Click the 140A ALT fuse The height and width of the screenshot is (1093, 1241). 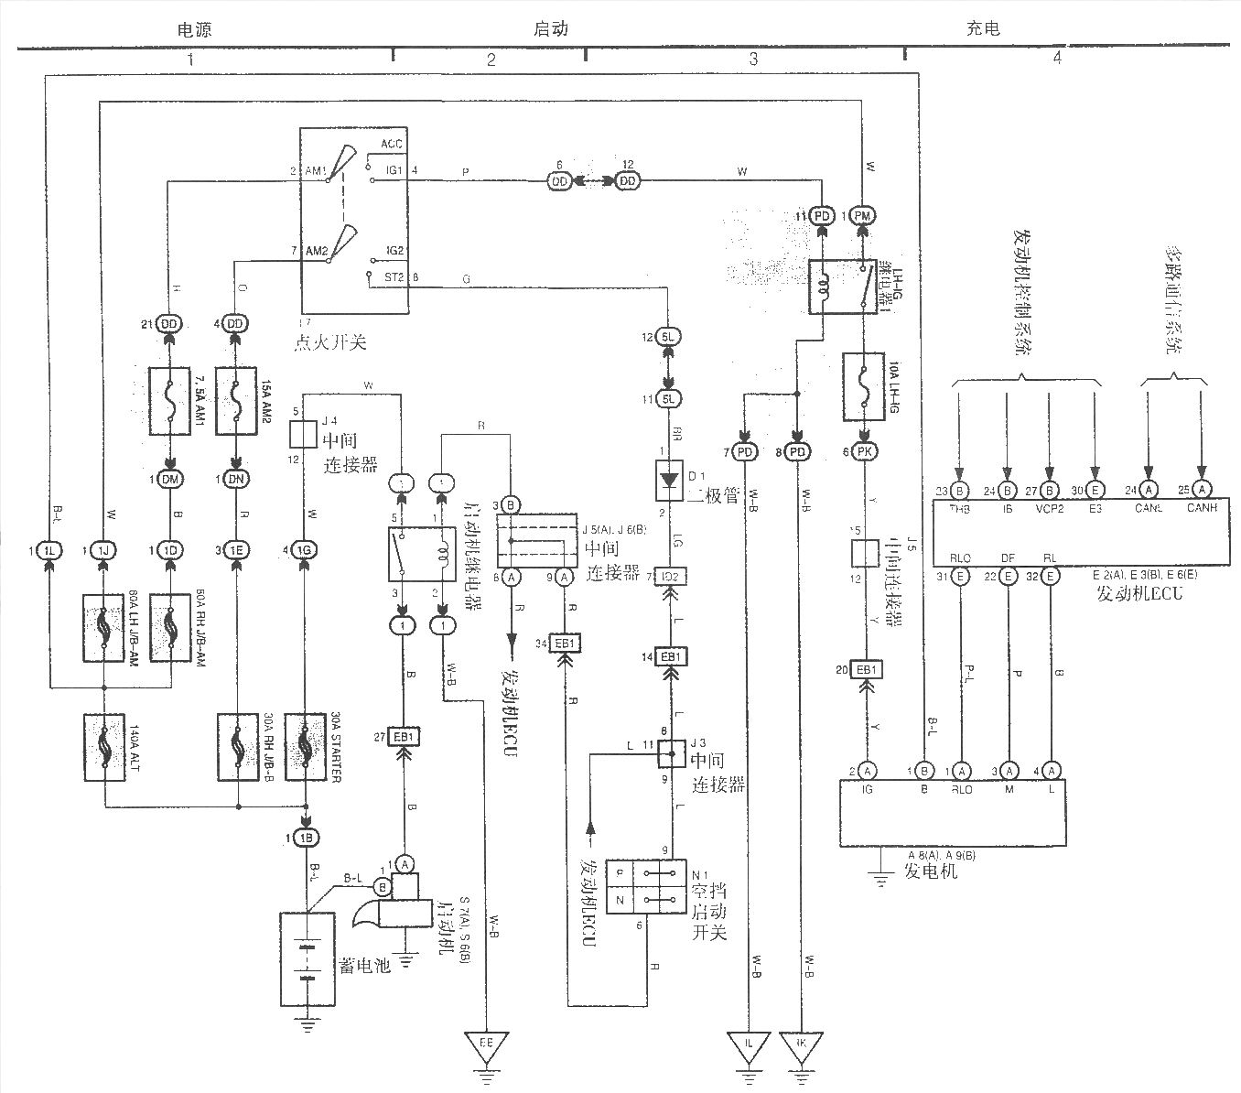point(104,747)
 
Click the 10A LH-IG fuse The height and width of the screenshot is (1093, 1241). point(863,377)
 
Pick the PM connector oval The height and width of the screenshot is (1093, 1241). point(862,216)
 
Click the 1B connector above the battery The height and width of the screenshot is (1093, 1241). point(306,838)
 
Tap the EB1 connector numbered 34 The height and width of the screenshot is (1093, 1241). point(565,644)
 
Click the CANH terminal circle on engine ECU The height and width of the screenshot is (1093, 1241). point(1203,489)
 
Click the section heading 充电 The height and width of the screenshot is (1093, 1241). point(983,27)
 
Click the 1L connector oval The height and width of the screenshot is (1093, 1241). point(49,550)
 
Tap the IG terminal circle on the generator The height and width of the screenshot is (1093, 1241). point(866,770)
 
